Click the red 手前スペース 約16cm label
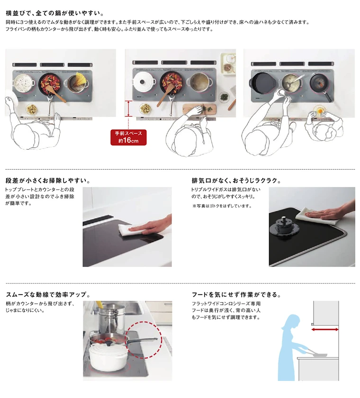click(128, 137)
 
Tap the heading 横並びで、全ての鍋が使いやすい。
click(55, 13)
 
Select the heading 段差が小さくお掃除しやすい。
click(48, 181)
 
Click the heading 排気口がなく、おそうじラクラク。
click(236, 181)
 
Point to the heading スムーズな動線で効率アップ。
click(48, 295)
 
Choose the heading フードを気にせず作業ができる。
click(236, 295)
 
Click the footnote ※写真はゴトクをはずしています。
click(222, 206)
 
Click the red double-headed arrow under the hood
click(325, 329)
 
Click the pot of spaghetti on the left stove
click(76, 82)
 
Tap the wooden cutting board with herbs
click(199, 109)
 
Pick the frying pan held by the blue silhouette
click(318, 354)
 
